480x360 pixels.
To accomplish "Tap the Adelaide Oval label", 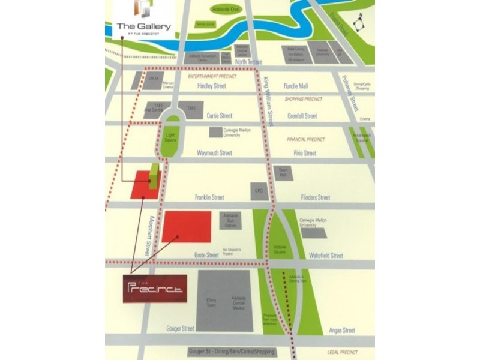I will pos(226,10).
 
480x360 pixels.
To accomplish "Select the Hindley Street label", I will pos(211,86).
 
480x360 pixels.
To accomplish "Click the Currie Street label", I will pos(218,116).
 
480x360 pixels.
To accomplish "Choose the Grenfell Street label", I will pos(302,116).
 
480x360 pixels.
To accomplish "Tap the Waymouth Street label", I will pos(214,153).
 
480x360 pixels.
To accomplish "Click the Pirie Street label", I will pos(305,153).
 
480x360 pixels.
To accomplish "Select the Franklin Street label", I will pos(209,197).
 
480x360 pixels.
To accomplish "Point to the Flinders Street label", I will pos(315,197).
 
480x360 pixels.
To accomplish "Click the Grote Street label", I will pos(206,255).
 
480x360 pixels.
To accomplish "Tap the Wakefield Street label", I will pos(326,255).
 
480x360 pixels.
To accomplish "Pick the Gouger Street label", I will pos(180,329).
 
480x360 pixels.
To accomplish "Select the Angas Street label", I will pos(342,330).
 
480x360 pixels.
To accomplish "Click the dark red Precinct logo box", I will pos(155,289).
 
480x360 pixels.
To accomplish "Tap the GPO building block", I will pos(259,191).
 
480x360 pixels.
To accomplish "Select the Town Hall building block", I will pos(283,172).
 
